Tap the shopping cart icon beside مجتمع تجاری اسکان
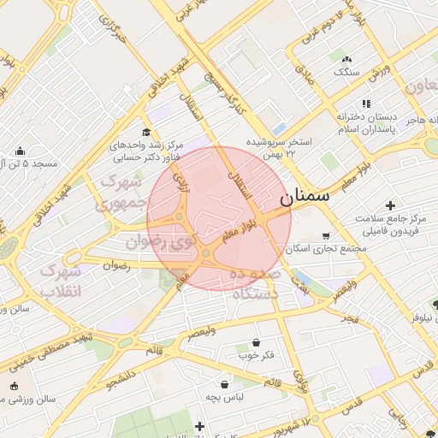tap(326, 236)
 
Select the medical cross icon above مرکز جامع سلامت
tap(391, 205)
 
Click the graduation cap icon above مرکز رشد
tap(146, 133)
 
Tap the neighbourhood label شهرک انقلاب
tap(62, 281)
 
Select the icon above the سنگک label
tap(346, 59)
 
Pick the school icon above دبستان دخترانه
tap(367, 104)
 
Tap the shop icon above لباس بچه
tap(224, 384)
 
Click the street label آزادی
tap(181, 179)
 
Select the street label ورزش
tap(381, 73)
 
